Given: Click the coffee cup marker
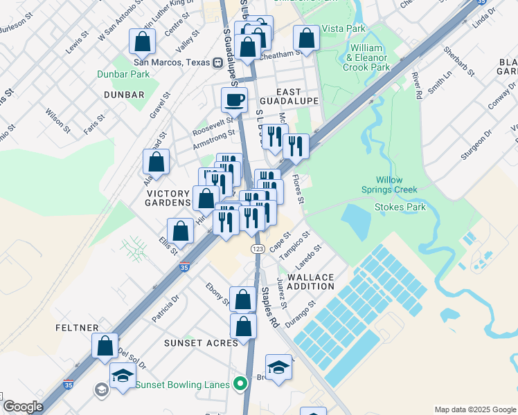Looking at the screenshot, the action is point(234,100).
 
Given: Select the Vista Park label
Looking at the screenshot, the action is point(343,29).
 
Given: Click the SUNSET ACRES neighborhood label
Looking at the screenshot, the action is point(201,342).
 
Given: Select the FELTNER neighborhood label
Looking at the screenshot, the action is point(78,327).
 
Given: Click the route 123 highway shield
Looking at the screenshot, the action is point(257,248).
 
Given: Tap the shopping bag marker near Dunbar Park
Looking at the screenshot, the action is point(142,41).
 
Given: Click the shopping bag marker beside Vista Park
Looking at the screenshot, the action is point(306,37).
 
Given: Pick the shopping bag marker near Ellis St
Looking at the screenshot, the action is point(180,231).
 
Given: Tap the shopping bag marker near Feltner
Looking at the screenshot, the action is point(104,346).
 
